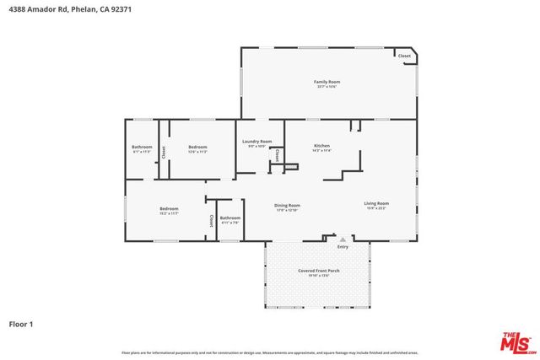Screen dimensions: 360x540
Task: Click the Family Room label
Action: coord(327,82)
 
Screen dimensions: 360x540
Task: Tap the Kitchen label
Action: coord(321,146)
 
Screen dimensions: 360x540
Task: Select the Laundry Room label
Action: coord(257,142)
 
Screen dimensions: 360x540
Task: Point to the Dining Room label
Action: coord(287,205)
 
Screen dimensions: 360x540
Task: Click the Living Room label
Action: coord(376,203)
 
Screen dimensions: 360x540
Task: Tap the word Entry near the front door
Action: coord(343,247)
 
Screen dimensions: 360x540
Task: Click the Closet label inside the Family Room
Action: coord(404,56)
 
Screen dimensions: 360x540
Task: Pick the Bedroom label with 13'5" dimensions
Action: coord(197,148)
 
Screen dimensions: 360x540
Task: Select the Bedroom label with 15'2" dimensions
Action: coord(170,209)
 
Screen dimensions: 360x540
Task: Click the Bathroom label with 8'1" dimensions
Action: coord(142,148)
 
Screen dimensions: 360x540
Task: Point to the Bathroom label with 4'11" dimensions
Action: coord(230,218)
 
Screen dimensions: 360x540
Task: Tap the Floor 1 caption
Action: coord(20,324)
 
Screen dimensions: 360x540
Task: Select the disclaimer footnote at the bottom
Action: coord(270,352)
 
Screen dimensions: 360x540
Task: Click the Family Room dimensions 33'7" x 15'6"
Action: coord(327,87)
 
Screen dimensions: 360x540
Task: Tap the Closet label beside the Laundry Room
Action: coord(278,155)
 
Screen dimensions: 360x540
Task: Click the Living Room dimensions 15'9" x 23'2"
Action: coord(376,208)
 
